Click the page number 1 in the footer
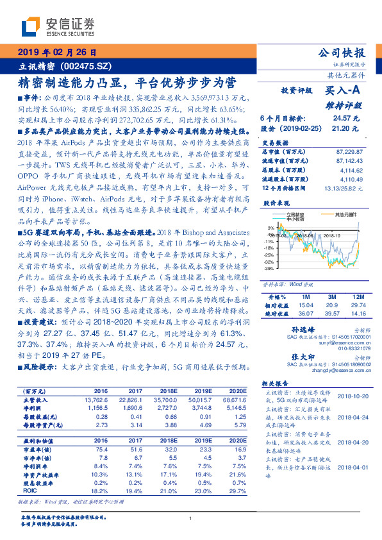point(190,519)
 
